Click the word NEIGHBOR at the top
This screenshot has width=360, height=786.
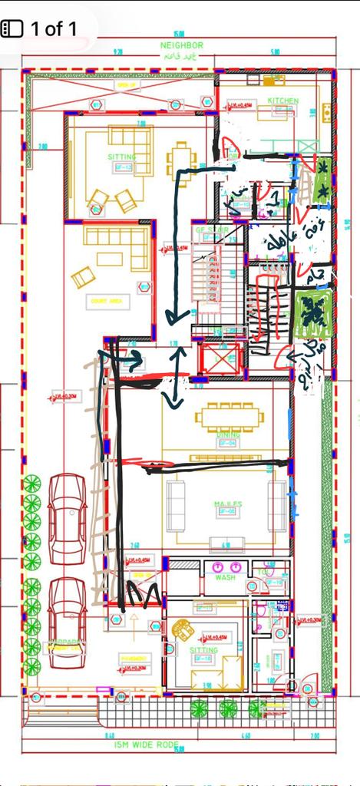pyautogui.click(x=182, y=46)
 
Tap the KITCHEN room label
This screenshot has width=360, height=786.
pyautogui.click(x=282, y=101)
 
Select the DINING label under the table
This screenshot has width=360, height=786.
pyautogui.click(x=228, y=434)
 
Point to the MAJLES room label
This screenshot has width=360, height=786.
pyautogui.click(x=227, y=504)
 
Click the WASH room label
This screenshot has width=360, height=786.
pyautogui.click(x=224, y=577)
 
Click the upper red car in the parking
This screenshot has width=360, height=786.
pyautogui.click(x=68, y=520)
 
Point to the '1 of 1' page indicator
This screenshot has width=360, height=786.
pyautogui.click(x=54, y=29)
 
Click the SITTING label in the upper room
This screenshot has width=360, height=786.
pyautogui.click(x=121, y=157)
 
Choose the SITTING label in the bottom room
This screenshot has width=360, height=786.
pyautogui.click(x=203, y=649)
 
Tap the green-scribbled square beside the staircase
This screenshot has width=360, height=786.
pyautogui.click(x=313, y=313)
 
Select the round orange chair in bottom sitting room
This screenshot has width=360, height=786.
pyautogui.click(x=183, y=629)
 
